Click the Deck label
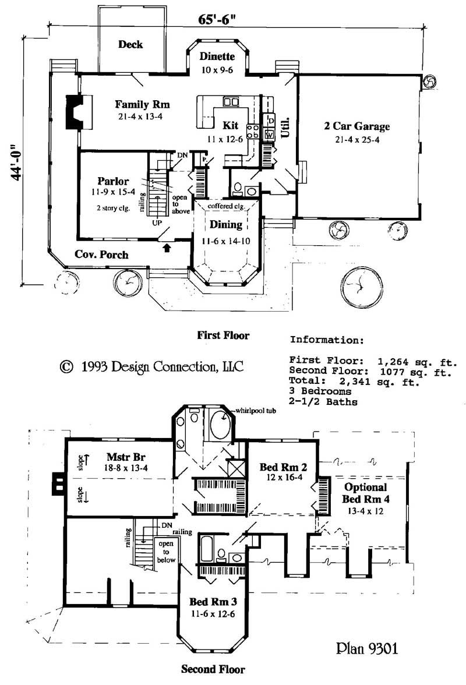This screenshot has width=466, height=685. coord(130,44)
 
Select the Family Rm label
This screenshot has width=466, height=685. coord(142,105)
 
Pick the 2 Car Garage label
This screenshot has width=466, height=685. coord(357,126)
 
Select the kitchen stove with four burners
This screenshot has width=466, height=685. coord(253,132)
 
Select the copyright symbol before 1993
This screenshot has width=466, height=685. coord(66,366)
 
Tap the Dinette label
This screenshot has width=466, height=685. coord(217,57)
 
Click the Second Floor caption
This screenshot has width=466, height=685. coord(213,669)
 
